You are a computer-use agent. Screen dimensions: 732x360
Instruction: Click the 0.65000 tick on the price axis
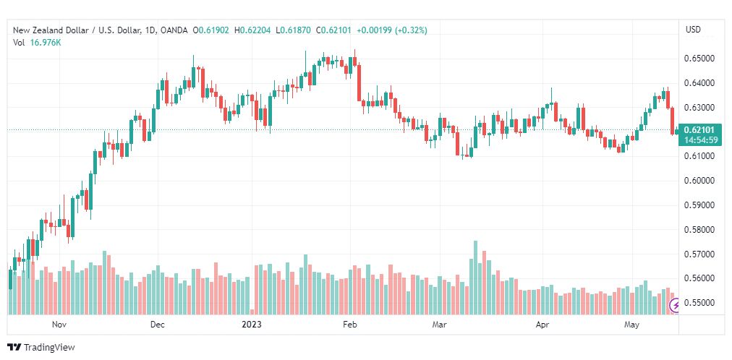tap(699, 59)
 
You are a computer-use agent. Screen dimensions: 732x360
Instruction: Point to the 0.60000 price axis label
tap(699, 181)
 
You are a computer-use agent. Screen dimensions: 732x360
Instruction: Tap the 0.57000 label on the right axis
tap(699, 254)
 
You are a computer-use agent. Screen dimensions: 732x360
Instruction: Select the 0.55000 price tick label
tap(699, 303)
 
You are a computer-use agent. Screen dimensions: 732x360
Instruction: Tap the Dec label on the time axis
tap(158, 325)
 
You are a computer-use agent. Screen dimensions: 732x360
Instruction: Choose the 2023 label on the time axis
tap(251, 325)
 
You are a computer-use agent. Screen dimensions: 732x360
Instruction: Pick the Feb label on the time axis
tap(349, 325)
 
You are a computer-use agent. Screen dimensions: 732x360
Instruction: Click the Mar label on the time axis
tap(439, 325)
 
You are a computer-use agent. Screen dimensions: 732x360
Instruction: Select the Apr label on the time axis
tap(542, 325)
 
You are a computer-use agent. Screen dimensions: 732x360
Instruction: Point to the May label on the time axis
tap(631, 325)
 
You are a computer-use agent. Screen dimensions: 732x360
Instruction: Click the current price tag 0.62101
tap(699, 129)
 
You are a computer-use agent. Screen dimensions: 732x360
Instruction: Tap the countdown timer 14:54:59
tap(699, 139)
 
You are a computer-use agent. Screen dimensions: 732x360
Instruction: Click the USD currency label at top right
tap(693, 30)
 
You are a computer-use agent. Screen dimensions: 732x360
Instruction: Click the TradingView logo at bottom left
tap(41, 348)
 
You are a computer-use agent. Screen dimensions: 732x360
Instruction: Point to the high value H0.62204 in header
tap(253, 30)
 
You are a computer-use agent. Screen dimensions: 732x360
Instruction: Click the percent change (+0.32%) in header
tap(412, 30)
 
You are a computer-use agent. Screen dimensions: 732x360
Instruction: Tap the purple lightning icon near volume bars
tap(675, 306)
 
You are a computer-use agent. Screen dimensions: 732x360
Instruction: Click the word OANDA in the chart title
tap(174, 30)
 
